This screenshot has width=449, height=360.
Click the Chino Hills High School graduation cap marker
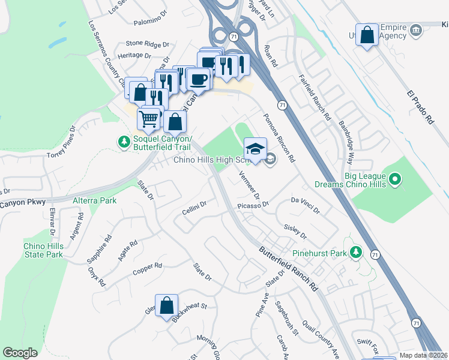tap(255, 148)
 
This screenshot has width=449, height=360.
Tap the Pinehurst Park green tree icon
tap(357, 252)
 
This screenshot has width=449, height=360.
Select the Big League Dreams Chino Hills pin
tap(394, 179)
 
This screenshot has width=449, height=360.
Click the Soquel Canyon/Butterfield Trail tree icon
tap(124, 142)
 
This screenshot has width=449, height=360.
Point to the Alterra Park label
tap(94, 200)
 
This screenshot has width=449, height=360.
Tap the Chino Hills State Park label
tap(43, 250)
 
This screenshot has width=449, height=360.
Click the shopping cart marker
tap(149, 117)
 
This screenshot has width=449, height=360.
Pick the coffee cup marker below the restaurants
tap(198, 79)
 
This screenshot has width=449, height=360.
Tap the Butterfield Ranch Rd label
tap(288, 269)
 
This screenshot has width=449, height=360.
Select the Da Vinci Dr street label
tap(306, 205)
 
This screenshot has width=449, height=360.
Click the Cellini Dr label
tap(194, 210)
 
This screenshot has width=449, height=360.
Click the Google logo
tap(20, 353)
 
